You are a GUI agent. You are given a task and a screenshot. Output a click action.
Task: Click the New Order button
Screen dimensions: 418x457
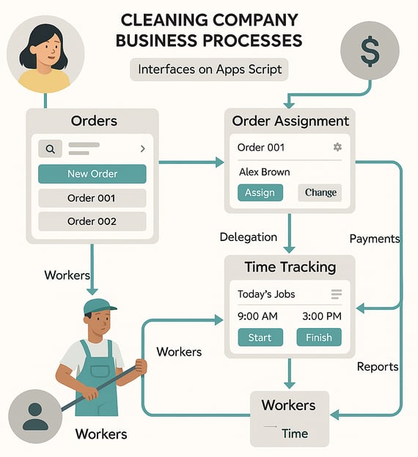(x=92, y=174)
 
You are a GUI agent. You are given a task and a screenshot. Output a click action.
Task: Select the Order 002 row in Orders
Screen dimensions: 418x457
(x=92, y=221)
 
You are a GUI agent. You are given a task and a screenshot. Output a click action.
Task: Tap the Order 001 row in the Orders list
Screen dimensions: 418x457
(x=92, y=198)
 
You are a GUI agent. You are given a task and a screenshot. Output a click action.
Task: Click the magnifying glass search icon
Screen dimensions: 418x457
(x=50, y=149)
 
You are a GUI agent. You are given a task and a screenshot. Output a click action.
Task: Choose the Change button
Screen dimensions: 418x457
(x=320, y=193)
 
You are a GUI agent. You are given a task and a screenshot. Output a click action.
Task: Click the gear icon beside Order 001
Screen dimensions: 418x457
(x=337, y=147)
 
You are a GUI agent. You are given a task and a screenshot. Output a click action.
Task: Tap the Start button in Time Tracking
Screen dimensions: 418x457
(x=260, y=337)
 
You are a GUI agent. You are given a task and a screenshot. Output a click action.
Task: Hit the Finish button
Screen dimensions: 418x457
(x=319, y=337)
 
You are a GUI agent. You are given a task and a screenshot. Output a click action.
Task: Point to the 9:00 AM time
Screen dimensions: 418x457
(x=257, y=316)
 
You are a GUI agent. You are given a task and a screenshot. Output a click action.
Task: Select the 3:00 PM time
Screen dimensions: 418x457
(x=322, y=316)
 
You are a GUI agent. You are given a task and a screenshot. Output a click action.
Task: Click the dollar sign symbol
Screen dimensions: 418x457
(x=370, y=51)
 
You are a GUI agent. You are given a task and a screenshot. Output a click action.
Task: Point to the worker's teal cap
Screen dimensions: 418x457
(x=99, y=307)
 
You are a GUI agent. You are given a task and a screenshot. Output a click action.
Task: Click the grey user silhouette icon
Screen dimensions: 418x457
(x=35, y=416)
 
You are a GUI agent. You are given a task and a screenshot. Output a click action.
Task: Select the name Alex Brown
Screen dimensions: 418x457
(x=265, y=172)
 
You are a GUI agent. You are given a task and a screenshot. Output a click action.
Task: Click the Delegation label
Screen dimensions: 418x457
(x=249, y=237)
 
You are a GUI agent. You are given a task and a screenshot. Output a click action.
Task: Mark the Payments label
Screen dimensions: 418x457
(x=375, y=239)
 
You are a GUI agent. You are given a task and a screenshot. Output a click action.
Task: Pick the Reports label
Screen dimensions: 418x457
(x=378, y=367)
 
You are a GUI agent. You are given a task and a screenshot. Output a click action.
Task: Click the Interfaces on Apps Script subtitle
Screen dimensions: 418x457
(x=210, y=70)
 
